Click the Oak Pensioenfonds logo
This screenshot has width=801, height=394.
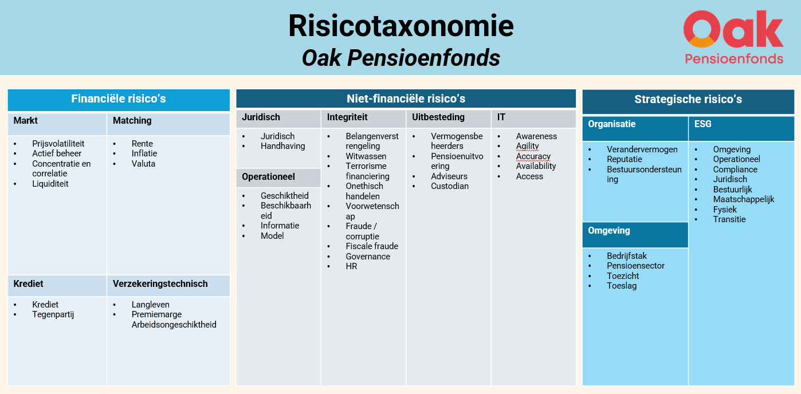click(x=733, y=37)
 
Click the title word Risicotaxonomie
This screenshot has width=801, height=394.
click(x=401, y=26)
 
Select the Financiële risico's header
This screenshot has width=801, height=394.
click(x=119, y=99)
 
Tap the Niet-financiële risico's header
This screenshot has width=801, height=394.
click(x=406, y=98)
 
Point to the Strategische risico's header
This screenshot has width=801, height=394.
click(x=688, y=100)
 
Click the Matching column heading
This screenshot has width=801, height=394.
click(x=132, y=120)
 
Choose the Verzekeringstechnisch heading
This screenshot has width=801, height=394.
click(x=160, y=283)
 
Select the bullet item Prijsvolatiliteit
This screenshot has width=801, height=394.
click(x=58, y=144)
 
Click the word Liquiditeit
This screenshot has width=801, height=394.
click(x=50, y=184)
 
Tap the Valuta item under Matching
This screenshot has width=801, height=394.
click(x=143, y=164)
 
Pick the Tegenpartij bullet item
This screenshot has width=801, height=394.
click(x=53, y=314)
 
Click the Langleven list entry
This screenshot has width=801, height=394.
click(x=151, y=305)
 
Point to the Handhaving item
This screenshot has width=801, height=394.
click(x=283, y=146)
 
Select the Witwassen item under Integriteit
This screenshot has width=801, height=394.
click(x=366, y=156)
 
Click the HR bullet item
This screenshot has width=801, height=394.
click(x=351, y=266)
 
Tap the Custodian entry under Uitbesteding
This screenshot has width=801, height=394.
click(x=450, y=186)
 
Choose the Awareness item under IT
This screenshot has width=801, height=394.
click(x=536, y=136)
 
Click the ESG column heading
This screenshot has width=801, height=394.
click(x=702, y=124)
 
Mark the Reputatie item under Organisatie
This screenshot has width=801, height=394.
click(x=625, y=159)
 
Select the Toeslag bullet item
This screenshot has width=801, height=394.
click(x=622, y=286)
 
